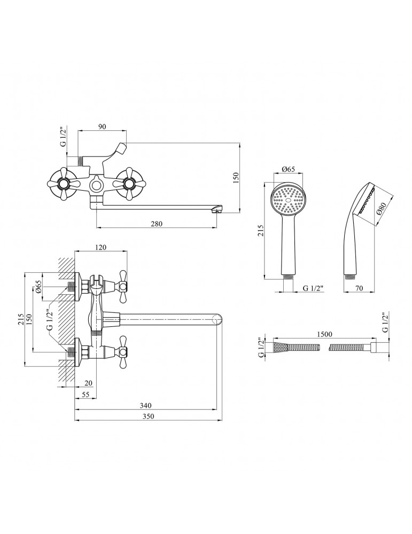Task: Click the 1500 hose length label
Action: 324,334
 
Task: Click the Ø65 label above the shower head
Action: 289,169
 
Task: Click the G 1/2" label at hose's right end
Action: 385,322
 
